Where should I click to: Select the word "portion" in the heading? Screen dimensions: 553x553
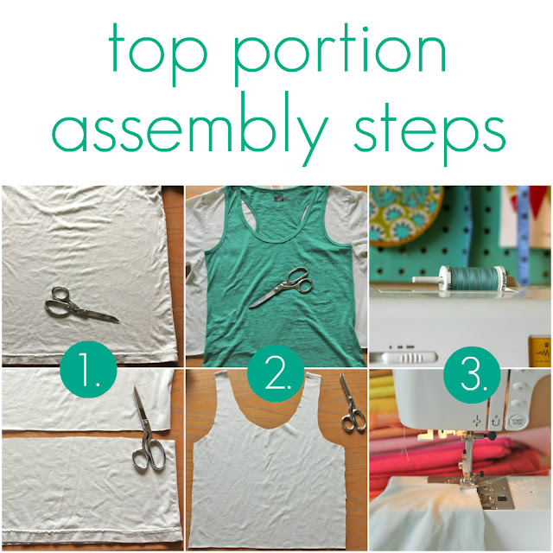click(340, 54)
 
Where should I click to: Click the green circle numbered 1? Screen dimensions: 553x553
click(88, 369)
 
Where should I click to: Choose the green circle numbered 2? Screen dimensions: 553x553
click(276, 373)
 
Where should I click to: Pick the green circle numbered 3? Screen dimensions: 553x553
click(472, 375)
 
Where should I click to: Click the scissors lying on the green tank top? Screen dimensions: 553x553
click(283, 288)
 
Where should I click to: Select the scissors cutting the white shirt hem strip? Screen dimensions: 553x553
click(148, 434)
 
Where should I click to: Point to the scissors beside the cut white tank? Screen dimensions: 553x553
click(352, 404)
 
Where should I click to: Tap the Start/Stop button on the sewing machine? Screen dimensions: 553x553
click(516, 421)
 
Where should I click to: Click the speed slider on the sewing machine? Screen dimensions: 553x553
click(409, 358)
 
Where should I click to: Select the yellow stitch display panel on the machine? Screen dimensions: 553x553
click(539, 352)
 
